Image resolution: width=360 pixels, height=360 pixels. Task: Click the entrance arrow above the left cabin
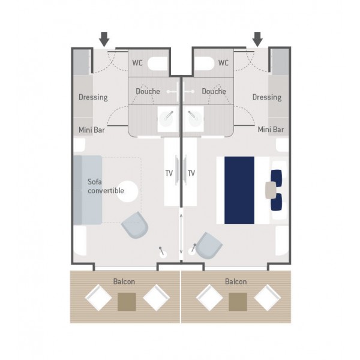pos(104,39)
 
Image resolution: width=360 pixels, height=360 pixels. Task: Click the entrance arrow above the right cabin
pos(257,39)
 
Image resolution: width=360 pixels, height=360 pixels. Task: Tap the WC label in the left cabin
pos(137,63)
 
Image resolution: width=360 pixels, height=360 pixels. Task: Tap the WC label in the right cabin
pos(223,63)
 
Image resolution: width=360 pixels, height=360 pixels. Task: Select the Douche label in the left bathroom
pos(148,91)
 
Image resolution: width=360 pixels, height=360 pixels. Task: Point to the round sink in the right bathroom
pos(193,118)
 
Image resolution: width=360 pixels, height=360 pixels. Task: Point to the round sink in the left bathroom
pos(166,118)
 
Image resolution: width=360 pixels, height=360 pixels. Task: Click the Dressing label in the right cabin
pos(267,97)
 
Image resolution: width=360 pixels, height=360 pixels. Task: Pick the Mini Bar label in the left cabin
pos(92,130)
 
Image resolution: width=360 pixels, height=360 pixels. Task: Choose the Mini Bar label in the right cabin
pos(271,130)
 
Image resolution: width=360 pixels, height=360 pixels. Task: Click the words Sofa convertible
pos(106,186)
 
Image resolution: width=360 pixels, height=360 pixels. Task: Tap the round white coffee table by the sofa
pos(127,191)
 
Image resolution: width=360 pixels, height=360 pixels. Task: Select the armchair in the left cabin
pos(135,225)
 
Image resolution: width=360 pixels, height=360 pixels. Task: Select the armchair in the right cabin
pos(209,245)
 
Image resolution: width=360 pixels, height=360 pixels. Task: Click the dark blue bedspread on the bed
pos(239,190)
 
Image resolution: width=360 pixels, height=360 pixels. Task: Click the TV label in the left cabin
pos(169,173)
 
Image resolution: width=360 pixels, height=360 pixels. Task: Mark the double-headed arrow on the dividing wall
pos(181,234)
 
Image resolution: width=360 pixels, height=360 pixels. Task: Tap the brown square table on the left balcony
pos(127,302)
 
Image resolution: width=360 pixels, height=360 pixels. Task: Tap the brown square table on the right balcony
pos(238,302)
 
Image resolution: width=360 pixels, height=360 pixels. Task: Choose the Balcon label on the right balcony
pos(236,282)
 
